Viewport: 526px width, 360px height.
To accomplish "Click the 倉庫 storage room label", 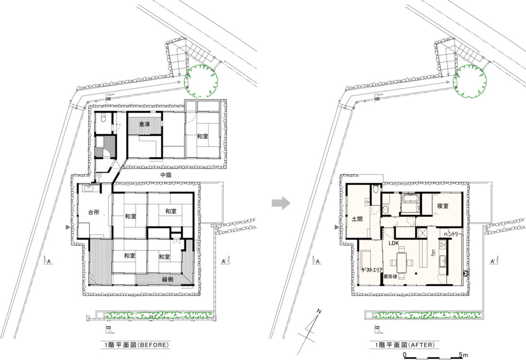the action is [x=145, y=124].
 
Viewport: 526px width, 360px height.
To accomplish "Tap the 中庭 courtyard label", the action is [x=166, y=175].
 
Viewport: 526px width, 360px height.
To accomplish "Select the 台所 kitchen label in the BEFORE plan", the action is [x=94, y=212].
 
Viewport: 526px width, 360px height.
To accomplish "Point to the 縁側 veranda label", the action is [x=167, y=279].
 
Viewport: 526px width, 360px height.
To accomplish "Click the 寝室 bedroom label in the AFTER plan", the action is [x=443, y=206].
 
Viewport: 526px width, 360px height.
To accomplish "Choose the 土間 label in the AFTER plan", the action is [x=357, y=219].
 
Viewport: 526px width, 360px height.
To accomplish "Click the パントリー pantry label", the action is [x=453, y=234].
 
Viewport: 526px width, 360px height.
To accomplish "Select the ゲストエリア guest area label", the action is [x=372, y=270].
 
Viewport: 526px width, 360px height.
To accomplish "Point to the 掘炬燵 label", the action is [x=390, y=277].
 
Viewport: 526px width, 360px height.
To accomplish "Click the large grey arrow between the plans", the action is [x=281, y=202].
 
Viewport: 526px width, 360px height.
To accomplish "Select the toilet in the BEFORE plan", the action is [x=103, y=118].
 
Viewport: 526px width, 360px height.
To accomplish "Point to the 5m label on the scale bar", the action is [x=463, y=355].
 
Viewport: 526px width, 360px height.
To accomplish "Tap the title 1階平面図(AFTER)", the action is [x=405, y=344].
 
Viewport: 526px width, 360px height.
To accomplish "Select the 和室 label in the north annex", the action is [x=202, y=136].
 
